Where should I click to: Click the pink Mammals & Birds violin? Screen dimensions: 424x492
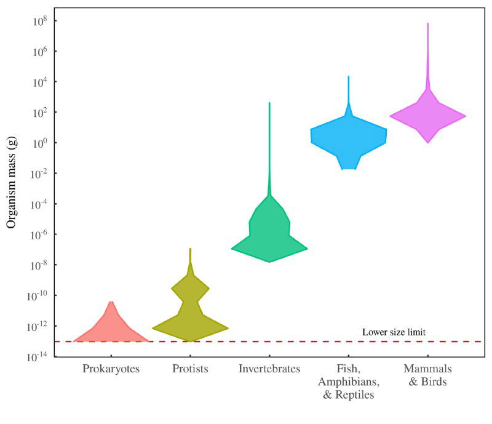point(427,116)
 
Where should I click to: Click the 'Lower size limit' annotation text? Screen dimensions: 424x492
point(394,332)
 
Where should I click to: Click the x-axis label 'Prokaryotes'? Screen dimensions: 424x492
point(111,369)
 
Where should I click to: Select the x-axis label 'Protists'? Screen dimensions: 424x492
point(190,369)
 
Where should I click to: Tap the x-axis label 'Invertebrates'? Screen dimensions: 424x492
point(269,369)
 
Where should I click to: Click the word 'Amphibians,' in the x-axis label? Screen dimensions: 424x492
point(349,382)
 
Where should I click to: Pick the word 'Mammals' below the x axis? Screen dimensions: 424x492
point(427,369)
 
